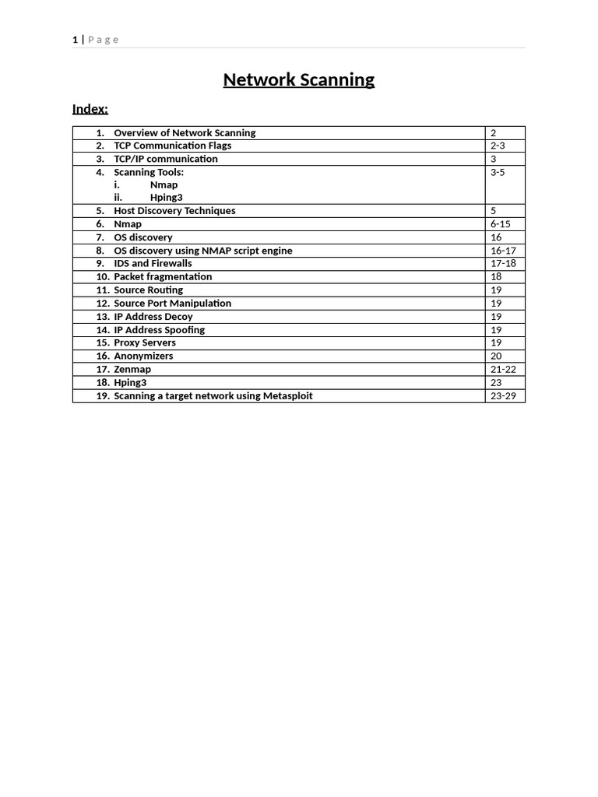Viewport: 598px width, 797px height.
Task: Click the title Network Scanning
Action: point(298,79)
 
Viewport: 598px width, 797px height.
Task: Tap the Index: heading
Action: point(90,108)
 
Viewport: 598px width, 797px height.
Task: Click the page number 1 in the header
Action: point(75,40)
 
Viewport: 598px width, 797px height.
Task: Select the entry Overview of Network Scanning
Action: point(185,133)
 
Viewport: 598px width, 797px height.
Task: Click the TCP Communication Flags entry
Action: point(172,146)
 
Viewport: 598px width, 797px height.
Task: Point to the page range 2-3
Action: point(498,146)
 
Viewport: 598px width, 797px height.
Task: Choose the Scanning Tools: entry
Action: point(149,172)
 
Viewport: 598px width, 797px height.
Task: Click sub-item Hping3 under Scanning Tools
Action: point(167,198)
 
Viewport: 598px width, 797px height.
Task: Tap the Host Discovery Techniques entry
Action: point(174,211)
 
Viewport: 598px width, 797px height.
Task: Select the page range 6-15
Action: point(501,224)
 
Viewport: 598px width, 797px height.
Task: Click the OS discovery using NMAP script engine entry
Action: point(203,251)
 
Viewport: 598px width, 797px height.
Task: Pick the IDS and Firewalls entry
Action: point(153,264)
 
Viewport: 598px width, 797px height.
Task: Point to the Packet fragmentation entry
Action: point(163,277)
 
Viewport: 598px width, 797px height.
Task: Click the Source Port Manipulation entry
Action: point(172,304)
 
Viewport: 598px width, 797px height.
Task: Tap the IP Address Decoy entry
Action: point(153,317)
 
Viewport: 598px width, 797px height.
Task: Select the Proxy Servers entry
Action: point(145,343)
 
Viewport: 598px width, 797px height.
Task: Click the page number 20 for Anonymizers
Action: point(496,356)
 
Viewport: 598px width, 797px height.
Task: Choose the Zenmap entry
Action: point(132,370)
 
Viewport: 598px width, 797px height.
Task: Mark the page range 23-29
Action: point(504,396)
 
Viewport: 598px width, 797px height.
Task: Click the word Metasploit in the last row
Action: point(287,396)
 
